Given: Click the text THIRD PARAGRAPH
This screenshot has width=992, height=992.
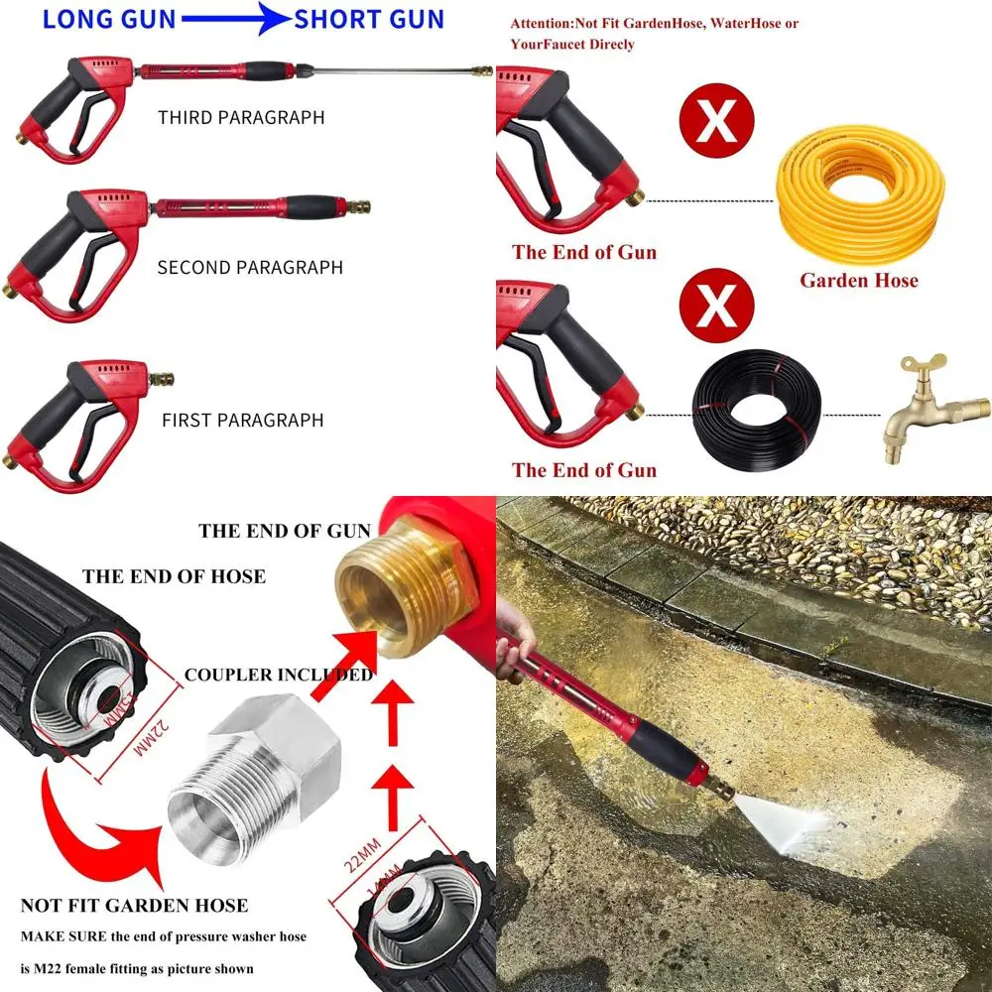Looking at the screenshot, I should pos(241,117).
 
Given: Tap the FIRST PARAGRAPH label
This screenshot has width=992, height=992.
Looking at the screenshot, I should pos(242,420).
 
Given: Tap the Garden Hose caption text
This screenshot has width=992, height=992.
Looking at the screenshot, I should pos(859,281).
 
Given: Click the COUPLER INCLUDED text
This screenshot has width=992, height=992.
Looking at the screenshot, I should pos(279,676).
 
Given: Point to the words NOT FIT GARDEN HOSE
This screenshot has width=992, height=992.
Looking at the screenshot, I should pos(134,905).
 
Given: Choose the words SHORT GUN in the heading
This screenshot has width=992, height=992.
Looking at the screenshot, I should pos(369,19).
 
